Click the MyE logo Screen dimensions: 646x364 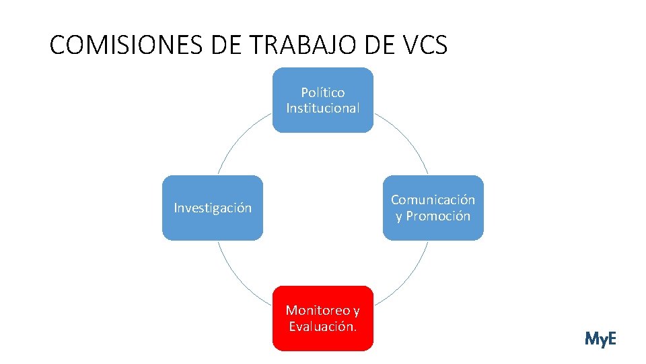600,338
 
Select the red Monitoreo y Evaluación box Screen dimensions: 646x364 322,318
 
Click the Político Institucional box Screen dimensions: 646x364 322,100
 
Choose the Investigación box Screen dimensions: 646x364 213,208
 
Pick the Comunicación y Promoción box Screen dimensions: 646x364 433,208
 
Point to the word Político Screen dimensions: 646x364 322,92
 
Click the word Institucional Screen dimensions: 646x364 322,108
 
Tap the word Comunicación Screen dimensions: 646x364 433,200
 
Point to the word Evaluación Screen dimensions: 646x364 322,327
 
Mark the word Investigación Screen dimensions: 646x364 213,208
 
